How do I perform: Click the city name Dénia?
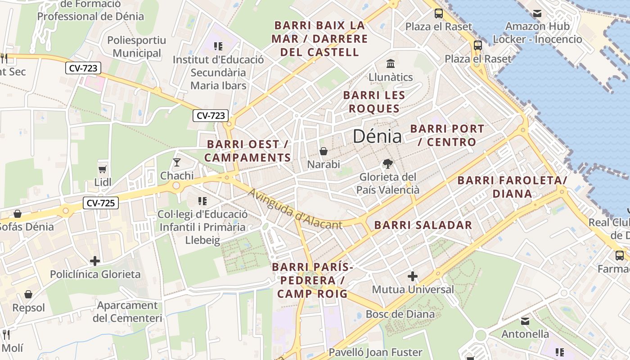[x=377, y=136]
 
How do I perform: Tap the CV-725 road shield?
[x=100, y=203]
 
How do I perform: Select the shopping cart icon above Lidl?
[x=103, y=169]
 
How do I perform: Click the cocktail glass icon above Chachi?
[x=177, y=162]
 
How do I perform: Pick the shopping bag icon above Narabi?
[x=323, y=151]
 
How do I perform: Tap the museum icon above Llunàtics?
[x=391, y=63]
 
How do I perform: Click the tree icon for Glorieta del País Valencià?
[x=387, y=164]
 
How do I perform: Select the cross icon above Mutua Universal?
[x=413, y=276]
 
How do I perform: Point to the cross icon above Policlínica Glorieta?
[x=95, y=261]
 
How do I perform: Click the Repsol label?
[x=29, y=308]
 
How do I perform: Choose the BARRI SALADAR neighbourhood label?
[x=423, y=225]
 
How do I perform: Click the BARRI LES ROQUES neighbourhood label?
[x=374, y=102]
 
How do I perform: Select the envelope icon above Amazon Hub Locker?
[x=537, y=13]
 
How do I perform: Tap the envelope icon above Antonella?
[x=525, y=321]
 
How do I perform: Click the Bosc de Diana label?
[x=400, y=314]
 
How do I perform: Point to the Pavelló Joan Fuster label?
[x=375, y=352]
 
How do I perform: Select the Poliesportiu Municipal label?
[x=136, y=47]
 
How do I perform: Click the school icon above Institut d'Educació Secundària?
[x=218, y=46]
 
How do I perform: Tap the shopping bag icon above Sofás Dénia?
[x=18, y=213]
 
